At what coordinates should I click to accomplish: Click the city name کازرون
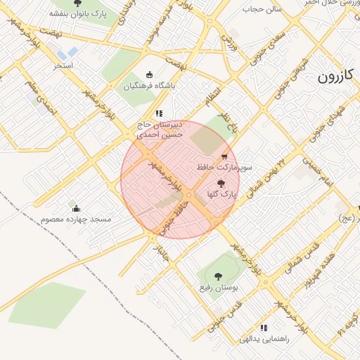[338, 75]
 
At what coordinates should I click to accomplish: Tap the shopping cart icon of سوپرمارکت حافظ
[224, 157]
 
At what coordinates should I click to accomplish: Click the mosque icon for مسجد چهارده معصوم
[76, 208]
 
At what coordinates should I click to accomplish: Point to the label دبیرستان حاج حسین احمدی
[160, 129]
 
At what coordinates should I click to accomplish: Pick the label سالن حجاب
[262, 9]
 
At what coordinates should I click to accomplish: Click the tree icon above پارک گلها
[222, 183]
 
